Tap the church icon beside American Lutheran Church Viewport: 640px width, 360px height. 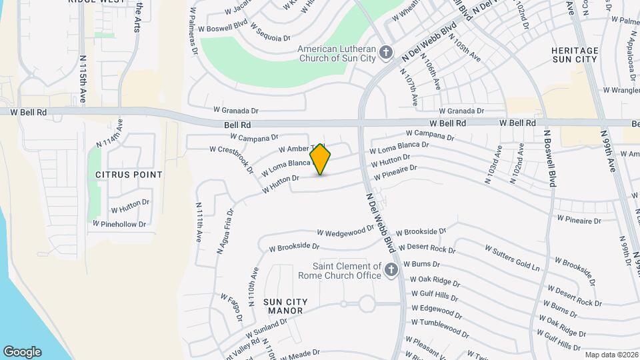[385, 52]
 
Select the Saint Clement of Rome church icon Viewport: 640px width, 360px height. [391, 269]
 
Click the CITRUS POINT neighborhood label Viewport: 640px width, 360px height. [129, 175]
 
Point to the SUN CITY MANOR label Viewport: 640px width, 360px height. [284, 306]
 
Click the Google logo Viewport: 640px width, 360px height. [22, 352]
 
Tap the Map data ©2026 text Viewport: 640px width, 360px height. [610, 355]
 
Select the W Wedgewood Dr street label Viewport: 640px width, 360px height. [345, 231]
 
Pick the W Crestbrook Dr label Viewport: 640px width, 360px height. [231, 160]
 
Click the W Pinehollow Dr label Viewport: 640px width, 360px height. [119, 224]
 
